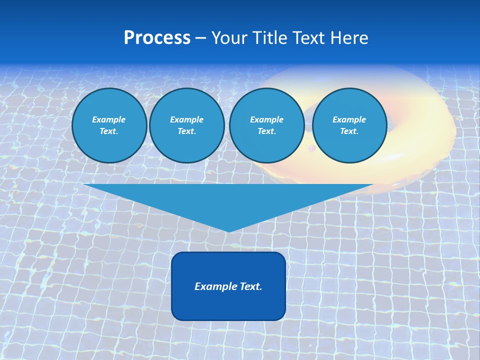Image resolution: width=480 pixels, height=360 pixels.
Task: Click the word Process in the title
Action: [157, 38]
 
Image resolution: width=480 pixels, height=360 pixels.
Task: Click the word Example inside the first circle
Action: [108, 119]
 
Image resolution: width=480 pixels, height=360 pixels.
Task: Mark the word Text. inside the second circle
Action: [186, 131]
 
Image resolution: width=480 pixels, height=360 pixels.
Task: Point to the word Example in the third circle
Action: [266, 119]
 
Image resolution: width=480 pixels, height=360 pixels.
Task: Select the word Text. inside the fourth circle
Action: [349, 131]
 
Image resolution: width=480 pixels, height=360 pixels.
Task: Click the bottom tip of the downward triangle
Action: [229, 231]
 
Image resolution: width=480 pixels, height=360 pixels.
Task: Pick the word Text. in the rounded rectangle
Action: [251, 286]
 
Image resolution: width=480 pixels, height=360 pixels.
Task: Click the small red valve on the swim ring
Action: [311, 148]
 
